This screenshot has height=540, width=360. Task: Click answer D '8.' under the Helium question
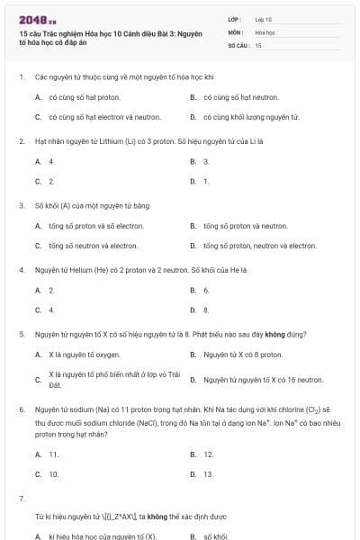(x=206, y=310)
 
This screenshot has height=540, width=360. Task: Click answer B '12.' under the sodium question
(x=208, y=454)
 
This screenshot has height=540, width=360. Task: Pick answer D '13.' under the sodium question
(x=208, y=474)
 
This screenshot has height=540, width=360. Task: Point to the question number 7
(x=21, y=498)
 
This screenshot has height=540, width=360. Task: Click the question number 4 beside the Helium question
(x=21, y=270)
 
